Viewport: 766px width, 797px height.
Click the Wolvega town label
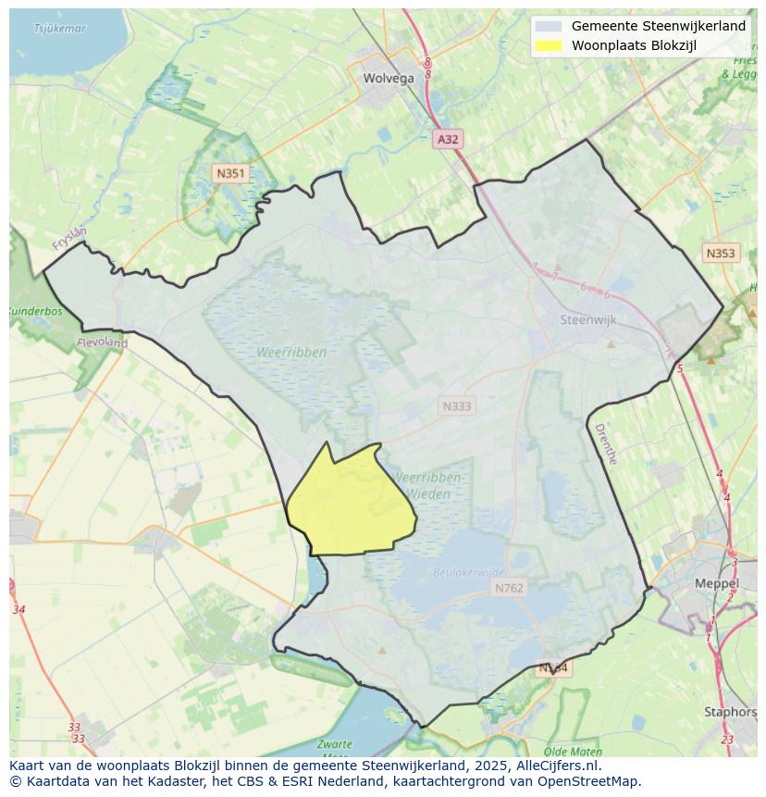click(389, 79)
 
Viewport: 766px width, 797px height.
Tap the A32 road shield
click(448, 139)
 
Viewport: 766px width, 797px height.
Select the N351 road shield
click(229, 173)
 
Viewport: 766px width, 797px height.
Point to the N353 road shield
click(721, 253)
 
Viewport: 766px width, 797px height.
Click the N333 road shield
click(456, 405)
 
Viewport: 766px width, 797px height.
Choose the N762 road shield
click(509, 588)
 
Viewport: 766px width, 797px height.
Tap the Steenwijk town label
click(588, 320)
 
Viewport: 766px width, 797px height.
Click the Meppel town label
click(717, 584)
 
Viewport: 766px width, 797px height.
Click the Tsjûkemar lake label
click(59, 29)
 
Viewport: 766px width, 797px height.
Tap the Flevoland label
click(103, 342)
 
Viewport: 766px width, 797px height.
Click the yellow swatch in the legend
click(549, 45)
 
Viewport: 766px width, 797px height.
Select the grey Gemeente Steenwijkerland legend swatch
click(549, 27)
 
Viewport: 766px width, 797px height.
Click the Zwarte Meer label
click(333, 748)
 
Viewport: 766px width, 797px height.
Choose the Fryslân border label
click(69, 240)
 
